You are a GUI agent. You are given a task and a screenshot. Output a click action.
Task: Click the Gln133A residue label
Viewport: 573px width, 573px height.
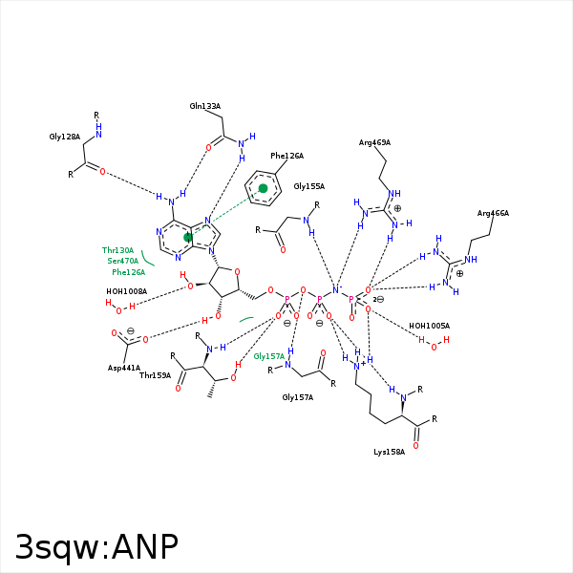click(204, 106)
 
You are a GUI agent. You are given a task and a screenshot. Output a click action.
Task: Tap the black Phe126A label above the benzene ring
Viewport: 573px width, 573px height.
click(286, 156)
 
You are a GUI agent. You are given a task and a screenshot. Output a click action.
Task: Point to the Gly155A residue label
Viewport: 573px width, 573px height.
click(308, 186)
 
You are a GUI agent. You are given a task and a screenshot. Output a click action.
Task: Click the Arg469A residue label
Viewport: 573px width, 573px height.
click(374, 142)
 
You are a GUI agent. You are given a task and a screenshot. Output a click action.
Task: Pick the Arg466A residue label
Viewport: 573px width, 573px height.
click(493, 213)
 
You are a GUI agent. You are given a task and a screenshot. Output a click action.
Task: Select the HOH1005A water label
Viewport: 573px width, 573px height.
click(429, 326)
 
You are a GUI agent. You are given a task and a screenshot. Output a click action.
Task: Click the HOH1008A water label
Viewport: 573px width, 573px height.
click(126, 291)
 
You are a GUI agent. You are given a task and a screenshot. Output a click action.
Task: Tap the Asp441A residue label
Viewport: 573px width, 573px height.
click(124, 368)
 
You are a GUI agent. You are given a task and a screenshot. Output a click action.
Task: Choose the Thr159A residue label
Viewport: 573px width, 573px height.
click(155, 375)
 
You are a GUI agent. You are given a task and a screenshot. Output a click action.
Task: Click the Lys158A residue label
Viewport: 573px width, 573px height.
click(389, 452)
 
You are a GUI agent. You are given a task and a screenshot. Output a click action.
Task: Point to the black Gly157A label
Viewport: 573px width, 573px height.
click(297, 397)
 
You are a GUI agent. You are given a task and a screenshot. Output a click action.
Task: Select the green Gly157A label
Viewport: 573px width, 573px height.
click(269, 356)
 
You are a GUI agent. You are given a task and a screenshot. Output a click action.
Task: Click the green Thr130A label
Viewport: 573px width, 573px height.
click(117, 250)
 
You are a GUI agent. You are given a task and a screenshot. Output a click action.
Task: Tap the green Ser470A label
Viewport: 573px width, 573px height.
click(123, 261)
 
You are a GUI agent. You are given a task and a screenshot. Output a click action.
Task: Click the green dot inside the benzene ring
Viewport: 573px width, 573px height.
click(264, 188)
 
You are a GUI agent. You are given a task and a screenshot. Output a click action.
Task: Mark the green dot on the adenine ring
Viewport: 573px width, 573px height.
click(189, 237)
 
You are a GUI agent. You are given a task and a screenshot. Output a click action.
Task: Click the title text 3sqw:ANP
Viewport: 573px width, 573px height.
click(96, 547)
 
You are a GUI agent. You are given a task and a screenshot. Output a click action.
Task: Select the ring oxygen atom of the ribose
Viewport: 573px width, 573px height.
click(239, 270)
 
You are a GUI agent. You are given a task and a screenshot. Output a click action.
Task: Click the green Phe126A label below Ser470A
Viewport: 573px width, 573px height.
click(128, 272)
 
